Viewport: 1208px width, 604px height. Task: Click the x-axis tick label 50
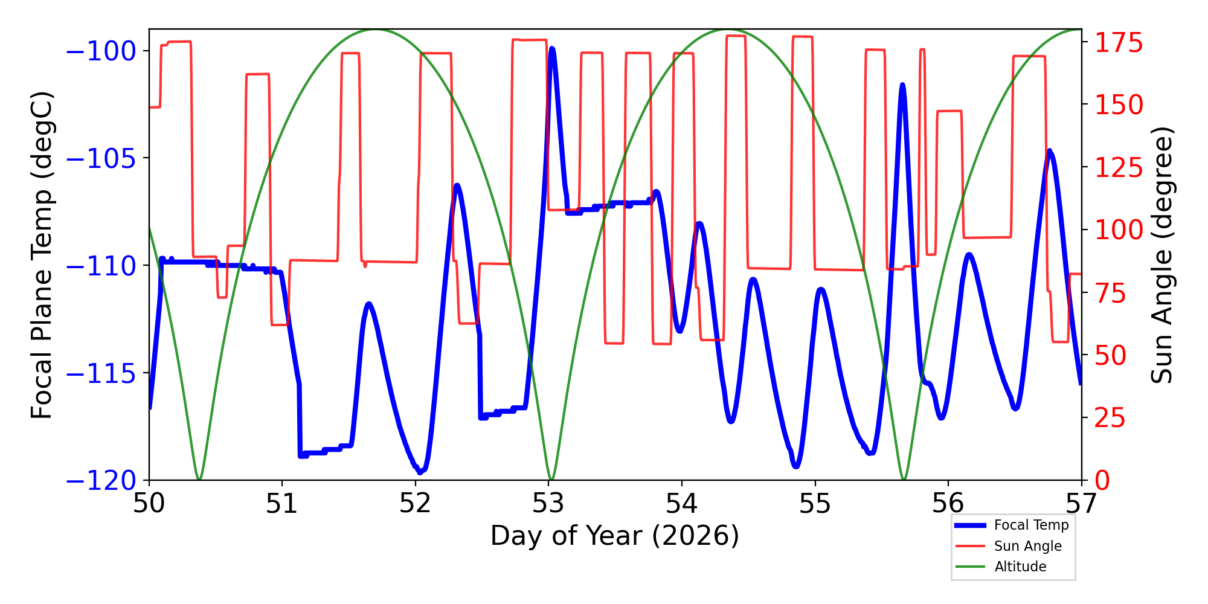pyautogui.click(x=149, y=504)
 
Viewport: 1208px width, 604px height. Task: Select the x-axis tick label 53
pyautogui.click(x=548, y=504)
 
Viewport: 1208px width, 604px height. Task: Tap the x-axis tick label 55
pyautogui.click(x=815, y=504)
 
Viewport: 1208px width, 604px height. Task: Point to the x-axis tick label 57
pyautogui.click(x=1081, y=504)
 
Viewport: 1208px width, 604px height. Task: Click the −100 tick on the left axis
pyautogui.click(x=100, y=51)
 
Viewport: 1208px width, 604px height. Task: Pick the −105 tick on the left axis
pyautogui.click(x=100, y=158)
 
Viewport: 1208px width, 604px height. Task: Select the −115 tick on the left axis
pyautogui.click(x=100, y=374)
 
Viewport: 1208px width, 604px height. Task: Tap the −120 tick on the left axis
pyautogui.click(x=100, y=481)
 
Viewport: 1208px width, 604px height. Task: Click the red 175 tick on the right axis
pyautogui.click(x=1119, y=43)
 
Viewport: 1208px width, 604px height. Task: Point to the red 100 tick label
pyautogui.click(x=1119, y=230)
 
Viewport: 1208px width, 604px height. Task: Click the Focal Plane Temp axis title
pyautogui.click(x=42, y=255)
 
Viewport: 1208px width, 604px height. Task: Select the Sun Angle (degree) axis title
pyautogui.click(x=1161, y=255)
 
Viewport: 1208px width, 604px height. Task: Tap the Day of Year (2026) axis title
pyautogui.click(x=615, y=536)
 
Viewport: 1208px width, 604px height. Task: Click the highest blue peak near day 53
pyautogui.click(x=552, y=49)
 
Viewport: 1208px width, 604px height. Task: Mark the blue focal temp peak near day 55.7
pyautogui.click(x=902, y=85)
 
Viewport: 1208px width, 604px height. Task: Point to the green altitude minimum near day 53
pyautogui.click(x=550, y=479)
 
